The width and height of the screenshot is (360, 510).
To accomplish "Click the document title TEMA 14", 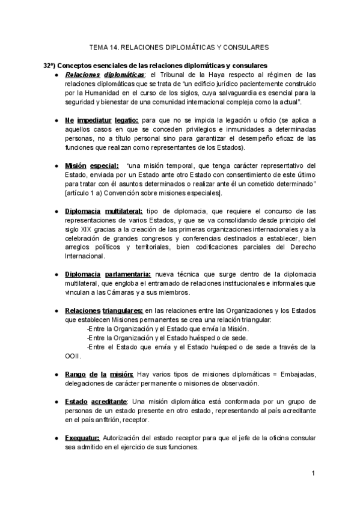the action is [178, 46].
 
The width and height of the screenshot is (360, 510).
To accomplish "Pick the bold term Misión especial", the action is [91, 166].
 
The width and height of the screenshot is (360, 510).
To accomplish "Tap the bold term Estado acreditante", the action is [96, 401].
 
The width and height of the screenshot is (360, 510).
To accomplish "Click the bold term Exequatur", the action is [82, 438].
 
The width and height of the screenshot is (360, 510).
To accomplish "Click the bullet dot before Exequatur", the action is [56, 438].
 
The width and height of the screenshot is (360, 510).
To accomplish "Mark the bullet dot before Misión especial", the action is [56, 166].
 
